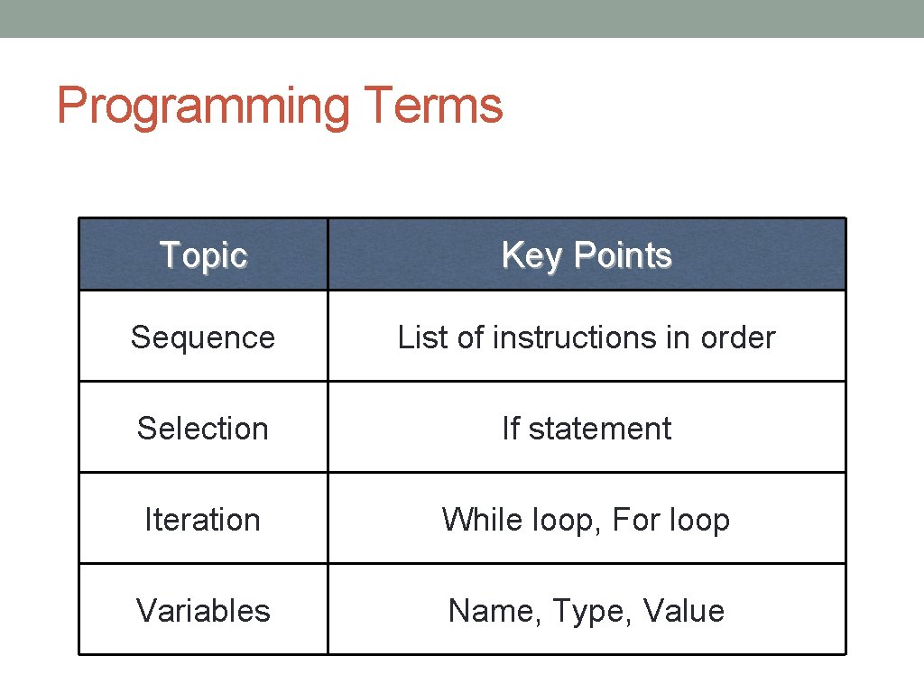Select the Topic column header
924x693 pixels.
(203, 255)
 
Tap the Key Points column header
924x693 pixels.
(587, 255)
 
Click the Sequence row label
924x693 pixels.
(203, 337)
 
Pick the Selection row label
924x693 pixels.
(203, 429)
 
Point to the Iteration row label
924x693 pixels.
(203, 520)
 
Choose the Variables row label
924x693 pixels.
(203, 611)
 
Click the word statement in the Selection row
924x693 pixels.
(599, 429)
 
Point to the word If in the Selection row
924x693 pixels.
(511, 429)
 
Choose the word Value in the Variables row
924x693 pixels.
(684, 611)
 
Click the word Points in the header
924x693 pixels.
(624, 255)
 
